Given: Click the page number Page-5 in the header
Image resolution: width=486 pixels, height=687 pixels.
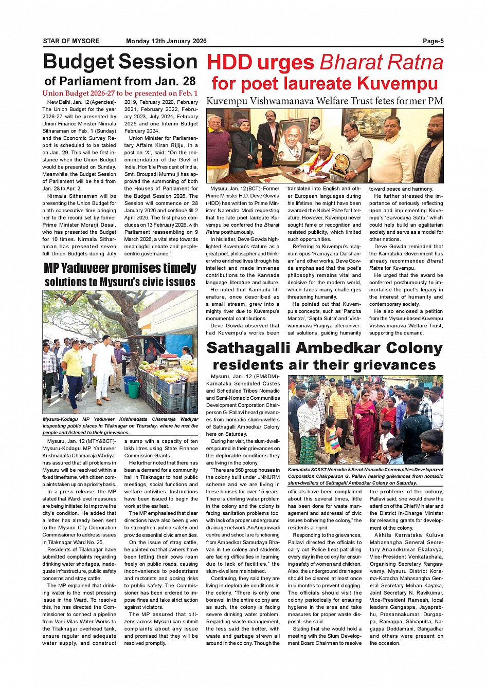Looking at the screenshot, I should click(x=433, y=41).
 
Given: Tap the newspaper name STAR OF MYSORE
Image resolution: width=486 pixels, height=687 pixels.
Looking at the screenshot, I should click(x=71, y=41).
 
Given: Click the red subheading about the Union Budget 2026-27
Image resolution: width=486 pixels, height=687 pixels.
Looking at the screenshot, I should click(x=120, y=94).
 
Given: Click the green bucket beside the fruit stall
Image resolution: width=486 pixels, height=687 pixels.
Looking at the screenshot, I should click(x=134, y=389).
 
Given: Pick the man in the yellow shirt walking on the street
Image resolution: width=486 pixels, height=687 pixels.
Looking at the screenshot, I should click(x=73, y=370).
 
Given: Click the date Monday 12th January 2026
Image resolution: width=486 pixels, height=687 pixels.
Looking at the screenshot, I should click(x=166, y=41).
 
